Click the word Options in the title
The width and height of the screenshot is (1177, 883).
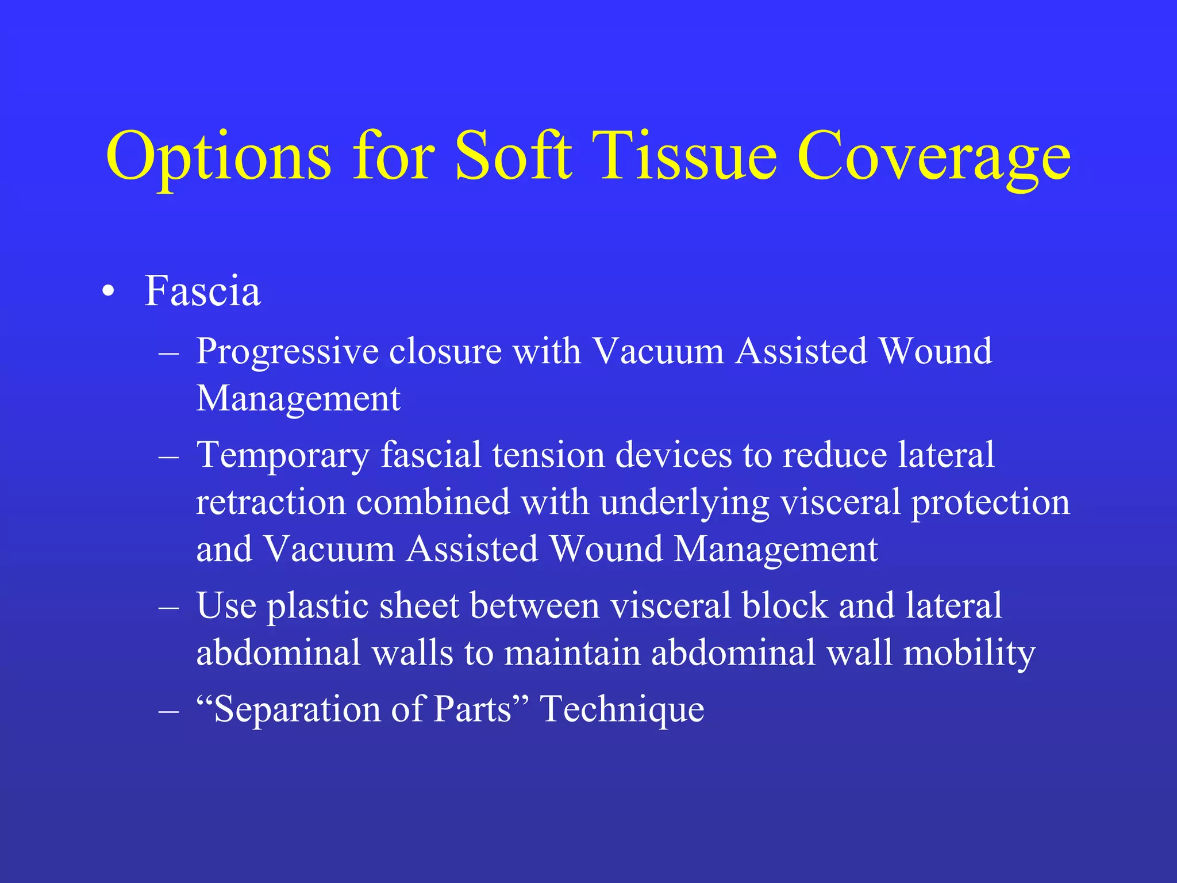tap(218, 156)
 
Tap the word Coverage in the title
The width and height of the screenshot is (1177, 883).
tap(933, 156)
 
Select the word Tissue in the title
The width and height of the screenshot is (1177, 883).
tap(687, 156)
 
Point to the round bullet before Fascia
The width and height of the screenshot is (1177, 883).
tap(108, 292)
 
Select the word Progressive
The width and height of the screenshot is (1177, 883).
tap(287, 352)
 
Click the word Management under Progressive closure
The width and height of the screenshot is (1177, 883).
tap(298, 399)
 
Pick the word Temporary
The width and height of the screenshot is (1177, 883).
tap(283, 456)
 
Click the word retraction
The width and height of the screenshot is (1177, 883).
tap(270, 502)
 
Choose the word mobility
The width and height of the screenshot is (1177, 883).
tap(969, 654)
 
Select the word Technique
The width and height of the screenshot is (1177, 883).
tap(622, 710)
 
